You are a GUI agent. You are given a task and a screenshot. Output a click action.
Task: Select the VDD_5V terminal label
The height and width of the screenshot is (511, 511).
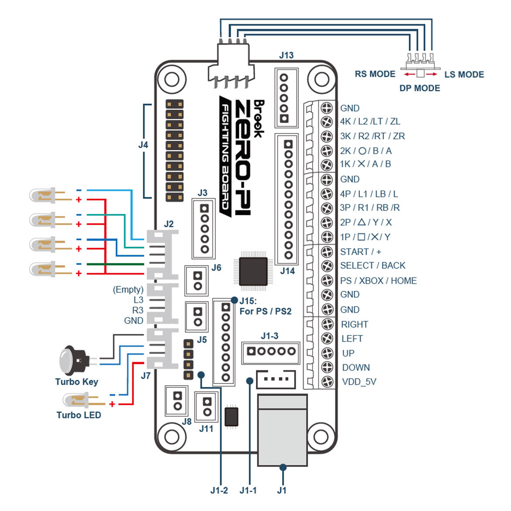(359, 382)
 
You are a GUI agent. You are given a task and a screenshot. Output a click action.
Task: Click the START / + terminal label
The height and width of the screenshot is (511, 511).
(360, 252)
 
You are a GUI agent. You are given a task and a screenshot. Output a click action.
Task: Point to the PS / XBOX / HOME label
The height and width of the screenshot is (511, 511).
(378, 280)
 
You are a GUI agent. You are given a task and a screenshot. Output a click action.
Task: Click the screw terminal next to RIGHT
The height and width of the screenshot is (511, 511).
(327, 324)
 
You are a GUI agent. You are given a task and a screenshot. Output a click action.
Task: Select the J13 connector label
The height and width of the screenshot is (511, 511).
(286, 55)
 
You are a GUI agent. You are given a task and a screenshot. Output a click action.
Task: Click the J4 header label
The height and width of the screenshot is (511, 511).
(143, 145)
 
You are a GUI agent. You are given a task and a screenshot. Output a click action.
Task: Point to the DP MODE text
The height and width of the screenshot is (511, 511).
(419, 88)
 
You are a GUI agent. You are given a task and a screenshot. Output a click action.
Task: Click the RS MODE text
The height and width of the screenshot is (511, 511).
(375, 74)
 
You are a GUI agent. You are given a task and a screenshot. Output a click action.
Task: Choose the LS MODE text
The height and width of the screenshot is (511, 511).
(464, 74)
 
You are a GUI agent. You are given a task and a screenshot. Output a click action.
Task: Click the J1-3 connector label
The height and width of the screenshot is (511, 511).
(269, 336)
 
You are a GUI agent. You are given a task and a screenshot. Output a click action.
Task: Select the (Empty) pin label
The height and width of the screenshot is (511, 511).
(128, 290)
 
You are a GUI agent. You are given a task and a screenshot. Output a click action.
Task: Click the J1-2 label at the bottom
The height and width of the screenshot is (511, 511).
(219, 490)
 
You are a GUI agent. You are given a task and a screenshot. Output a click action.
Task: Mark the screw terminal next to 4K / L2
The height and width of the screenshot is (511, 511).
(327, 121)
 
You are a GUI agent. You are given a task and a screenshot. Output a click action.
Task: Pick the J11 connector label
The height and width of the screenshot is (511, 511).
(206, 428)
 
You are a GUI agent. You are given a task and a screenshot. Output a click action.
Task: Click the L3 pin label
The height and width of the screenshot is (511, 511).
(138, 300)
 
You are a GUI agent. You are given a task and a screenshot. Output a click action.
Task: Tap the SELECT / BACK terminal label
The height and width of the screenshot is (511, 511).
(373, 266)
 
